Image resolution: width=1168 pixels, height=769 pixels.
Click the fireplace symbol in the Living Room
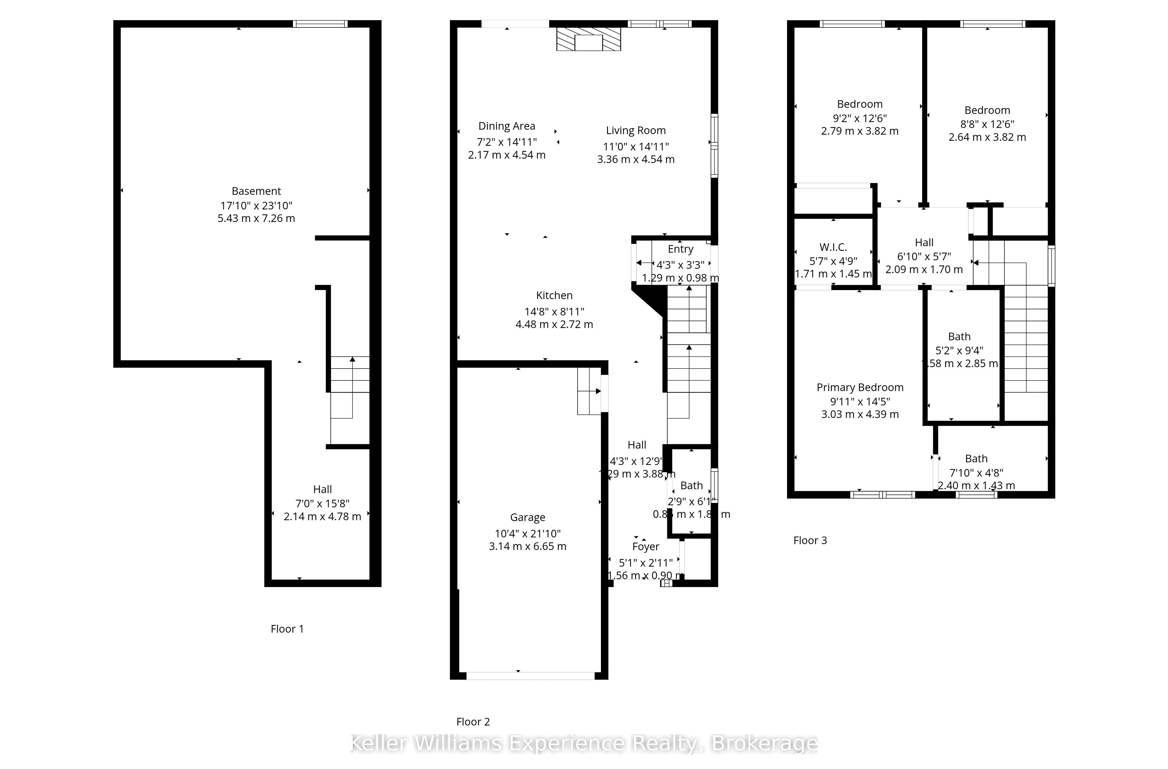pos(588,39)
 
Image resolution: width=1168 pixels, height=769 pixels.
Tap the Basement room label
pos(256,191)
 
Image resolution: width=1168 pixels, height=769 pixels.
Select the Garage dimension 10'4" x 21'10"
pos(528,533)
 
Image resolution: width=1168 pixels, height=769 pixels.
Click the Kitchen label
pos(554,296)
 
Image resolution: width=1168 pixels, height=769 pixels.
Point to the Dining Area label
pos(507,126)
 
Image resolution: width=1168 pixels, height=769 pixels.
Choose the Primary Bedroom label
pos(860,387)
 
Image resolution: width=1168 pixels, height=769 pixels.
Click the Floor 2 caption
pos(473,721)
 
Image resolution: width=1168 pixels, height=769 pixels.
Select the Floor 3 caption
pos(810,540)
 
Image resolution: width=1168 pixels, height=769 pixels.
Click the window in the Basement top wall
pos(320,24)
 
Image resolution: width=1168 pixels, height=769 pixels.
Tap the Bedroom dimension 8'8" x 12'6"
pos(987,124)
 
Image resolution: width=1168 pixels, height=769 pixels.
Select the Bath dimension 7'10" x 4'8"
pos(976,473)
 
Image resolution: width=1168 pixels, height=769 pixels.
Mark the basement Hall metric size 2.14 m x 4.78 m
pos(323,516)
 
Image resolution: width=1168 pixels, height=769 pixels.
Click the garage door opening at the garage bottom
pos(530,676)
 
